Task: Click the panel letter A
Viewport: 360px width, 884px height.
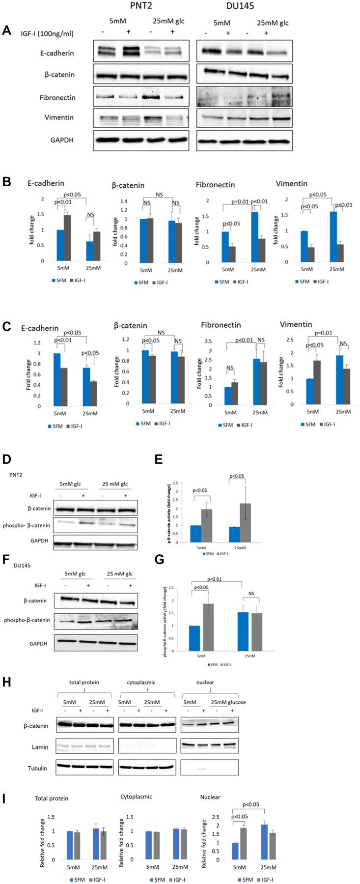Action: [6, 30]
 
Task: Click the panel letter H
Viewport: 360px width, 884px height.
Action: [7, 684]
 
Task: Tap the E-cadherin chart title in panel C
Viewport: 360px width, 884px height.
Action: [40, 328]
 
